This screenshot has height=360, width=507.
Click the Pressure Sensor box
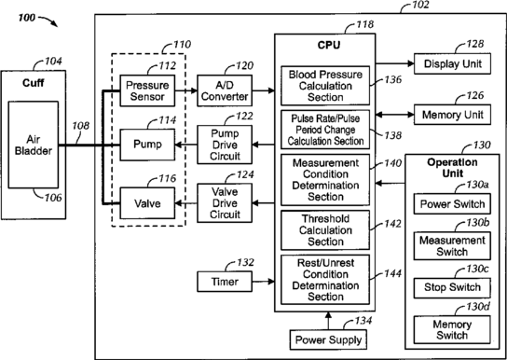tap(147, 90)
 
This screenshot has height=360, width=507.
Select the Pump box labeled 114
tap(147, 145)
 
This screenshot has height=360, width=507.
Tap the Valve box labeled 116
tap(147, 203)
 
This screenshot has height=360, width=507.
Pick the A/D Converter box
tap(225, 90)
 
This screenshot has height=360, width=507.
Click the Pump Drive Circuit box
tap(225, 145)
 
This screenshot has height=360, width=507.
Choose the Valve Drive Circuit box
tap(225, 203)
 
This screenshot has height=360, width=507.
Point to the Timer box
tap(225, 282)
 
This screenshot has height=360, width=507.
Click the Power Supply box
tap(328, 339)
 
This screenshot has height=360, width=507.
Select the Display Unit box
tap(452, 63)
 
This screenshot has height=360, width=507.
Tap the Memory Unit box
tap(452, 115)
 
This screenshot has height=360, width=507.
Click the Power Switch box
tap(452, 203)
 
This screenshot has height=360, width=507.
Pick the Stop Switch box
tap(452, 287)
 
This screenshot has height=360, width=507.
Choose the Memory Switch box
tap(452, 329)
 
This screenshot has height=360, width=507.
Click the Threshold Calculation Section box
tap(325, 230)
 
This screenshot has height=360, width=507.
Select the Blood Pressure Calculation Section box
tap(325, 86)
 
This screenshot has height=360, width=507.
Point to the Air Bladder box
tap(34, 145)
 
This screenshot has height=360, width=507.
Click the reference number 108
tap(80, 126)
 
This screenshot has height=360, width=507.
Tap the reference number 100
tap(26, 17)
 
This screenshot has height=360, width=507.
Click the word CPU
tap(328, 45)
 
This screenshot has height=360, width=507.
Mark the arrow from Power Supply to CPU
tap(328, 321)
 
